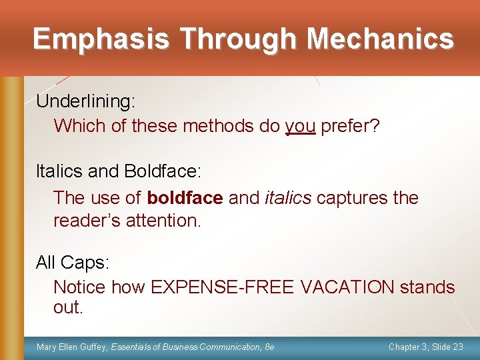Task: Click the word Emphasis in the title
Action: point(100,39)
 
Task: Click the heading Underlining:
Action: point(85,101)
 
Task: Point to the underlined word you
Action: point(300,126)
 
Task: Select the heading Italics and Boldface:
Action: point(118,171)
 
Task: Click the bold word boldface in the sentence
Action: point(185,198)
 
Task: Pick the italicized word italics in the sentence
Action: point(288,198)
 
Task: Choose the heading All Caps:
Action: point(72,263)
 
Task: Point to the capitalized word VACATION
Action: point(347,287)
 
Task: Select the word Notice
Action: point(79,287)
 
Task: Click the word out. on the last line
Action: point(68,307)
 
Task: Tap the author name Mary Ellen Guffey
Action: point(72,347)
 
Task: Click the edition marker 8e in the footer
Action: point(269,347)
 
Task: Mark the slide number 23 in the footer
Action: point(457,347)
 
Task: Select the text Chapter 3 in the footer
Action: point(408,347)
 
